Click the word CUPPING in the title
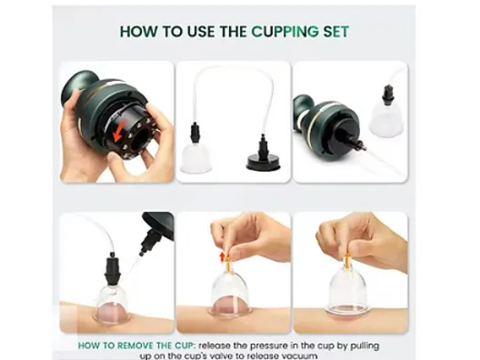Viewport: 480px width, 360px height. point(285,32)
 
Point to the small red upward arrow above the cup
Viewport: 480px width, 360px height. point(223,257)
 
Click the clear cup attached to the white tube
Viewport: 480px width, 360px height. point(196,158)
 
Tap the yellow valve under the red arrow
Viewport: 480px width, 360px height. point(228,264)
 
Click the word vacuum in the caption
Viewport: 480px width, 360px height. point(300,356)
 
